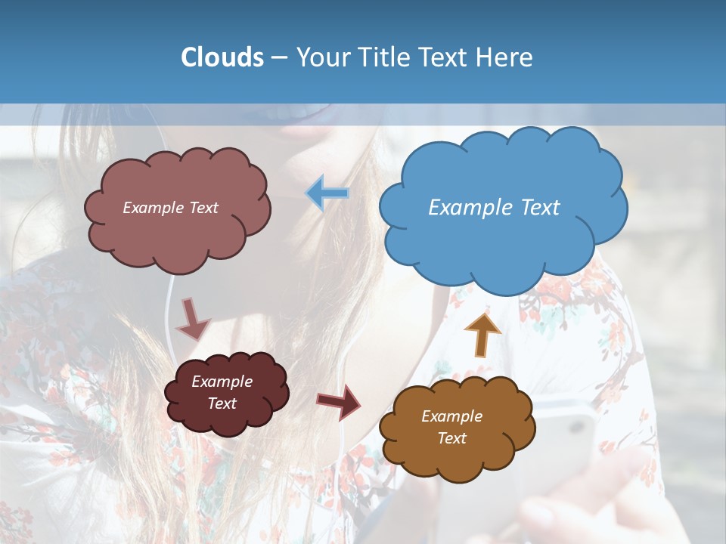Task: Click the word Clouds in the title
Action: [222, 57]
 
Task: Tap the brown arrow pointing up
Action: [482, 333]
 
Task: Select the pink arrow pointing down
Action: [192, 318]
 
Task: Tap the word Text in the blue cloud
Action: [541, 208]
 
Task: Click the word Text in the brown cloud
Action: [451, 438]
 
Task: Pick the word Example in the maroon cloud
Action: [222, 382]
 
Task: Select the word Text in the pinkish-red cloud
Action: [203, 208]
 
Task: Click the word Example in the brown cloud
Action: [451, 416]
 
